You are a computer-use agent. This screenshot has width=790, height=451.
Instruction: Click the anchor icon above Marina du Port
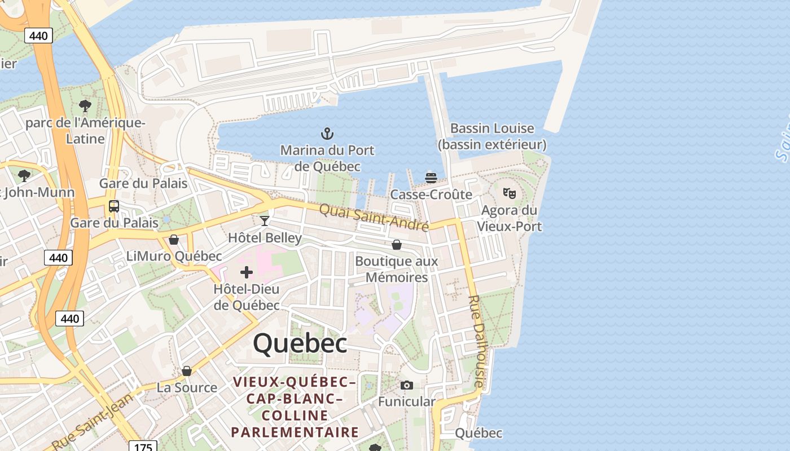[327, 134]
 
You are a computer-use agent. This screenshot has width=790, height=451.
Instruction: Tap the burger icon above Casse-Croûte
[431, 178]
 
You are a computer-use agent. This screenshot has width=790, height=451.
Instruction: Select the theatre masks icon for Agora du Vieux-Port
[509, 193]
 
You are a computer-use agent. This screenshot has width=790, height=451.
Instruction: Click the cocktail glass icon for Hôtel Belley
[265, 220]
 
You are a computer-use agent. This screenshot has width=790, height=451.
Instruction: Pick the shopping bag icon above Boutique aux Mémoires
[397, 245]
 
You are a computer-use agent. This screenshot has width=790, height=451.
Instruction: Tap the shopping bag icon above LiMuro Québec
[174, 240]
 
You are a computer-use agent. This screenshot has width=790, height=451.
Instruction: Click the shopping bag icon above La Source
[187, 371]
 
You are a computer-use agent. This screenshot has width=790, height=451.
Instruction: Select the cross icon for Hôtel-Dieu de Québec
[247, 273]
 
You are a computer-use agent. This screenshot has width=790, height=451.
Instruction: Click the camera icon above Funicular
[406, 386]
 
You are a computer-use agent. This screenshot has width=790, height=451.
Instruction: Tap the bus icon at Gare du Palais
[114, 206]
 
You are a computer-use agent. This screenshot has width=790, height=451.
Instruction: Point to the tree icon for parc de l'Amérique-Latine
[85, 105]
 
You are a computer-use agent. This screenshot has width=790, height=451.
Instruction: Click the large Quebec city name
[300, 343]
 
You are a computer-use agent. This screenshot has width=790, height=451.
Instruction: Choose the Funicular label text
[406, 402]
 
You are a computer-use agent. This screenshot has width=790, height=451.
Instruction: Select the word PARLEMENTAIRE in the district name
[295, 432]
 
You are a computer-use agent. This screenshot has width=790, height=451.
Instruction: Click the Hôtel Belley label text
[265, 238]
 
